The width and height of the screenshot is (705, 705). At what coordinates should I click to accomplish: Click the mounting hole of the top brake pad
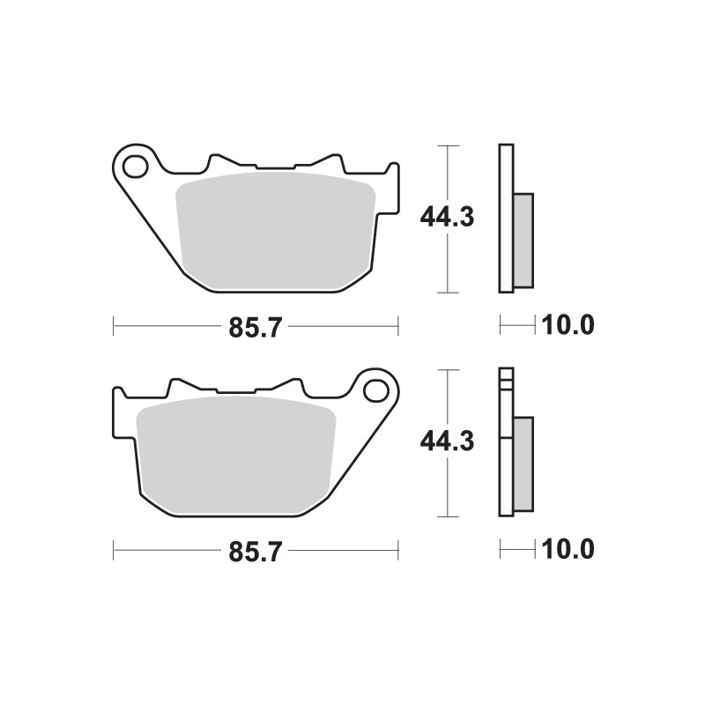pyautogui.click(x=135, y=164)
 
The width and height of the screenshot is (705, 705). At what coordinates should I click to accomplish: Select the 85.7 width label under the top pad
pyautogui.click(x=255, y=328)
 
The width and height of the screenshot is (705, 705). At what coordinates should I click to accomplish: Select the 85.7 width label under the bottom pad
pyautogui.click(x=255, y=553)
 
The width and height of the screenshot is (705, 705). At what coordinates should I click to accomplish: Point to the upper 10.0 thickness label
pyautogui.click(x=568, y=326)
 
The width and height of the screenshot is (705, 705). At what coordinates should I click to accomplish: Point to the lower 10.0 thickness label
pyautogui.click(x=568, y=551)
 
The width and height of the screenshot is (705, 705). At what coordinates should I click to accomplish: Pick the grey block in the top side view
pyautogui.click(x=523, y=240)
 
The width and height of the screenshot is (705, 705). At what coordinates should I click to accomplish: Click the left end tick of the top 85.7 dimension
pyautogui.click(x=115, y=327)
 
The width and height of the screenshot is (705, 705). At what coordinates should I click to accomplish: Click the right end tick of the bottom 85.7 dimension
pyautogui.click(x=398, y=552)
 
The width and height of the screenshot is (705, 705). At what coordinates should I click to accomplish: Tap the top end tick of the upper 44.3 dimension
pyautogui.click(x=450, y=145)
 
